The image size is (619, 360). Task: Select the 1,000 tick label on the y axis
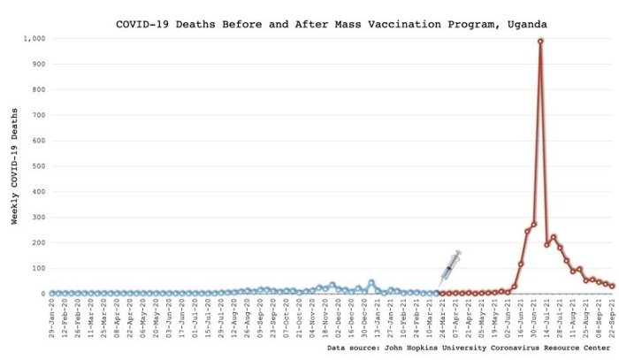pos(34,39)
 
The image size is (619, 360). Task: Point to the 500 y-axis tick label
pos(37,166)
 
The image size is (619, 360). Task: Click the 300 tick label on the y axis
pos(37,218)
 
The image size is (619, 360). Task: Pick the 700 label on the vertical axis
pos(37,115)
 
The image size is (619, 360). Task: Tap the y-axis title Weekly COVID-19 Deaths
pos(15,166)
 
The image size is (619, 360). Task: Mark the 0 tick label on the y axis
pos(42,294)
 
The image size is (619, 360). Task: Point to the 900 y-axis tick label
pos(37,65)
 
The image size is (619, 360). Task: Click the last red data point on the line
pos(612,287)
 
